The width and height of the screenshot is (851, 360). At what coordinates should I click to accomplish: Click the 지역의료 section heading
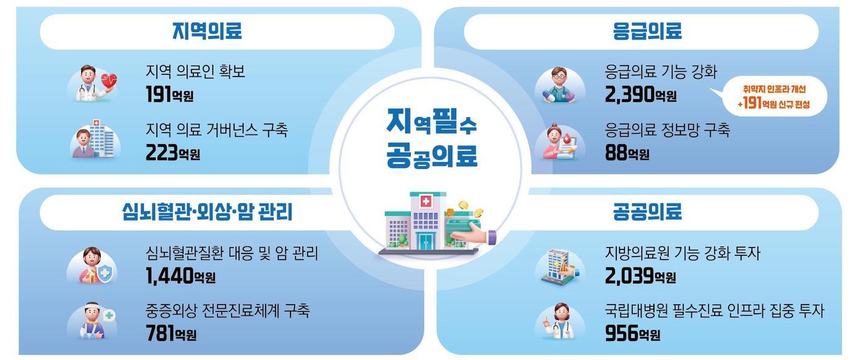[207, 31]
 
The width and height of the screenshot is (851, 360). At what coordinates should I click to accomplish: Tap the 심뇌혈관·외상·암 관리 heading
[207, 212]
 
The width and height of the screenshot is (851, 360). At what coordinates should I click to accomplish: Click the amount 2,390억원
[640, 94]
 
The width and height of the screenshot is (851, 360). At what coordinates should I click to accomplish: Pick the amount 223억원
[173, 153]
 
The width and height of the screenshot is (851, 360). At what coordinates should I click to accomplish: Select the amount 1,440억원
[181, 276]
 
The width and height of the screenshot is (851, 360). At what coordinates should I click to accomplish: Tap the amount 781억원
[171, 333]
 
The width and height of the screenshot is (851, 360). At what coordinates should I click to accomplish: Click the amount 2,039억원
[640, 276]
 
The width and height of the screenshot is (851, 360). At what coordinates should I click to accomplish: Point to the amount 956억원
[632, 333]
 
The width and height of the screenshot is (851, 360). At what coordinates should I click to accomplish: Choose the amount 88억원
[627, 153]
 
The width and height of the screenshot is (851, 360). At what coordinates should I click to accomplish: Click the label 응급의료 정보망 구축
[666, 130]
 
